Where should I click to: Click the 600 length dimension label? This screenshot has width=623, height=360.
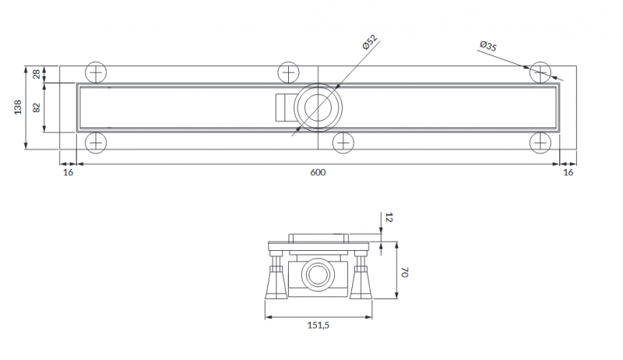click(318, 172)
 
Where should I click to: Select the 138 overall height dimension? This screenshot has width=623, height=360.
click(18, 108)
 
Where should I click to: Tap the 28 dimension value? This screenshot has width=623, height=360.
click(37, 74)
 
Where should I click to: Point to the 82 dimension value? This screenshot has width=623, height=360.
click(37, 108)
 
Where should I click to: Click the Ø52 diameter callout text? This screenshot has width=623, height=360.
click(369, 42)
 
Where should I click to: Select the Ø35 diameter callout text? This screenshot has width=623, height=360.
click(488, 46)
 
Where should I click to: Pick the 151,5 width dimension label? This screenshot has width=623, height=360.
click(319, 325)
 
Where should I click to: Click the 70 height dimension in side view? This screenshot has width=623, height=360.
click(404, 272)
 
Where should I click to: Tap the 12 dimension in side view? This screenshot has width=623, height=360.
click(389, 217)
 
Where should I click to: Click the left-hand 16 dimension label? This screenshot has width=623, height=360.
click(69, 172)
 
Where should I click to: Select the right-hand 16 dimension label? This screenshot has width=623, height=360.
click(568, 172)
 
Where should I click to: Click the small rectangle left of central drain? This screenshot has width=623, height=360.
click(285, 108)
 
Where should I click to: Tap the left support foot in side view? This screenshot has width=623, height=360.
click(276, 277)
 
